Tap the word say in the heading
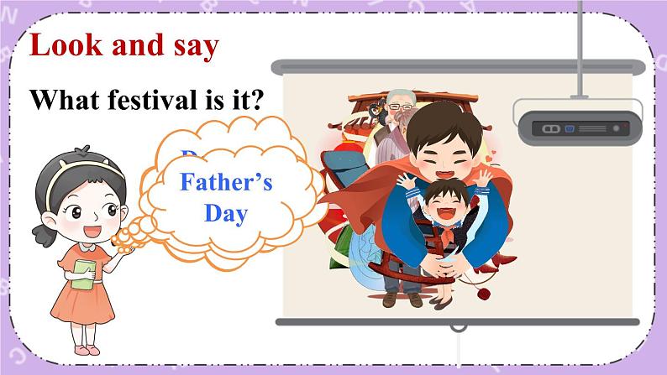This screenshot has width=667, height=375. pyautogui.click(x=192, y=45)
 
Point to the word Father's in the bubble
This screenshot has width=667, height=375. pyautogui.click(x=227, y=182)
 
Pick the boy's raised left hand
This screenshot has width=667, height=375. pyautogui.click(x=486, y=178)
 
